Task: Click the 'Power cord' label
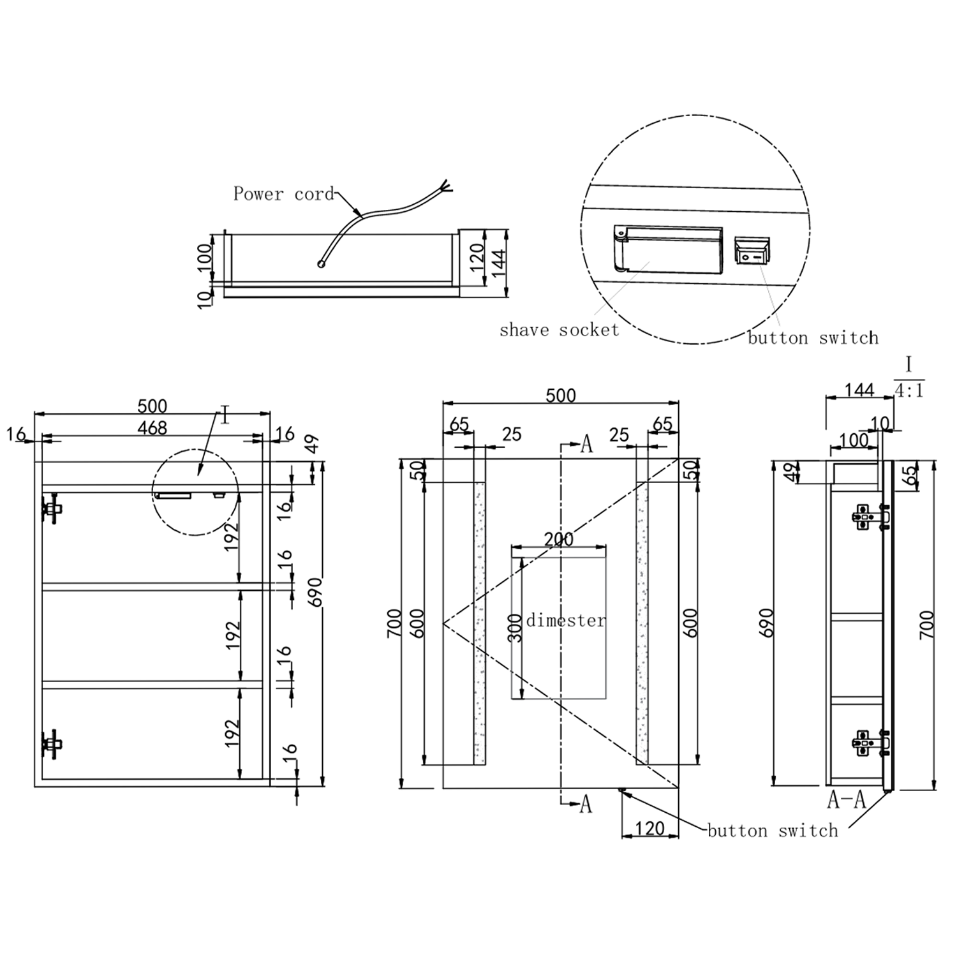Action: tap(283, 194)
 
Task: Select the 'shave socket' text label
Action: tap(559, 330)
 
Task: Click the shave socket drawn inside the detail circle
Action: tap(669, 249)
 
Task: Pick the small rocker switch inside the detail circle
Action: tap(752, 251)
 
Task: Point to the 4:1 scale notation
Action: tap(909, 390)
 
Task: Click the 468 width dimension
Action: tap(152, 428)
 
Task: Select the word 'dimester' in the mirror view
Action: tap(565, 620)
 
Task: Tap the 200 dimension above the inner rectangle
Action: tap(558, 539)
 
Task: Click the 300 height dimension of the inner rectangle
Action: tap(516, 628)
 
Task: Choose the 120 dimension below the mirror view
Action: tap(649, 828)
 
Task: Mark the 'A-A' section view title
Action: tap(846, 799)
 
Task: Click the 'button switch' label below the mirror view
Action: tap(772, 831)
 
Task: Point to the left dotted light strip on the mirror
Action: tap(479, 623)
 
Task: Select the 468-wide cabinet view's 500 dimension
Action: tap(152, 406)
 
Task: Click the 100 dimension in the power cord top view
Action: tap(204, 257)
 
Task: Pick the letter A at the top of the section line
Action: tap(586, 444)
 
